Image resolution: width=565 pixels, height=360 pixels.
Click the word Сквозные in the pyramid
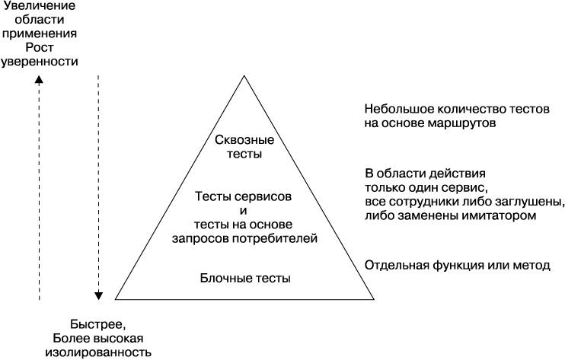tap(244, 140)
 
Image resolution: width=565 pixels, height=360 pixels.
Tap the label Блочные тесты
tap(245, 279)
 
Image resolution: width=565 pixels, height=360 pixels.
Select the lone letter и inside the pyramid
tap(244, 211)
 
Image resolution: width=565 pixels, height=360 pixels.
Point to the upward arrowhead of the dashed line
tap(39, 80)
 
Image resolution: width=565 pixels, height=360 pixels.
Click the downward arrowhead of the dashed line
tap(98, 295)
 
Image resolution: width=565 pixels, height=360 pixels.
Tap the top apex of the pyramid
tap(244, 75)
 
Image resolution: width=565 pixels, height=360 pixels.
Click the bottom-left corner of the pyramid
tap(115, 299)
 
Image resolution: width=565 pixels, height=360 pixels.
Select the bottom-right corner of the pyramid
tap(373, 299)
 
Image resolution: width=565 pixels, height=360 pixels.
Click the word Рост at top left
tap(40, 47)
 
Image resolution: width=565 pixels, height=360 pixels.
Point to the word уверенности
tap(40, 61)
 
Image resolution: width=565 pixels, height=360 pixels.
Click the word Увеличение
tap(40, 5)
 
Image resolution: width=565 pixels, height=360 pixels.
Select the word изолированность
tap(98, 352)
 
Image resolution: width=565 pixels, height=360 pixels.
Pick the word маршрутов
tap(462, 123)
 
